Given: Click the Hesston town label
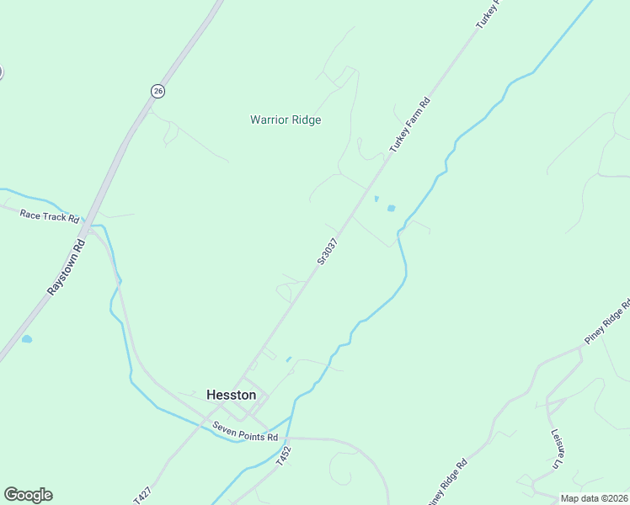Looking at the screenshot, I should (231, 394).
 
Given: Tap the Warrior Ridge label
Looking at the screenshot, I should (286, 120).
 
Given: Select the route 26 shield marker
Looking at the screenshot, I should (157, 90).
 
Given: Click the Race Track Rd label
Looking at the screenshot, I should (50, 215).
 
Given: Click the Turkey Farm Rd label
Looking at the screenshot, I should (410, 125).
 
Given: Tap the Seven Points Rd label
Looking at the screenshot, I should (245, 432).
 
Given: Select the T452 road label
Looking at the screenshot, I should (285, 457).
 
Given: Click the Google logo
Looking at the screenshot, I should (28, 495).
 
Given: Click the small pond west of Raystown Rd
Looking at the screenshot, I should (27, 338).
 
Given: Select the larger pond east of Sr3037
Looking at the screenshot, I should (391, 207).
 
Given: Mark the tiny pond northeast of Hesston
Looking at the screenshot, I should (289, 359).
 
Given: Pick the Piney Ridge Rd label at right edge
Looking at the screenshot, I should (607, 322).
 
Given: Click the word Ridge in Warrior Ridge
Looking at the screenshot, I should (307, 120).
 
